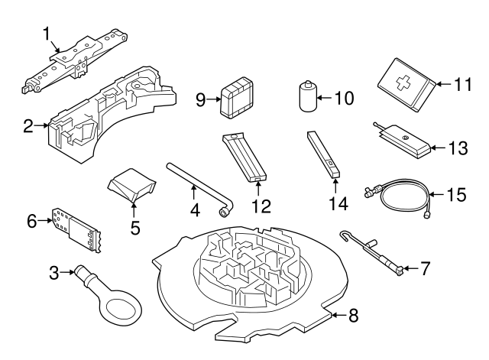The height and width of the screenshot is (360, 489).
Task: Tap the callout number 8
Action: click(x=353, y=313)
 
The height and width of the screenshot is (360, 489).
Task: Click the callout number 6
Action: click(x=32, y=221)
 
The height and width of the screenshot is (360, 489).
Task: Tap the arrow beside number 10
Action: click(x=325, y=99)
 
